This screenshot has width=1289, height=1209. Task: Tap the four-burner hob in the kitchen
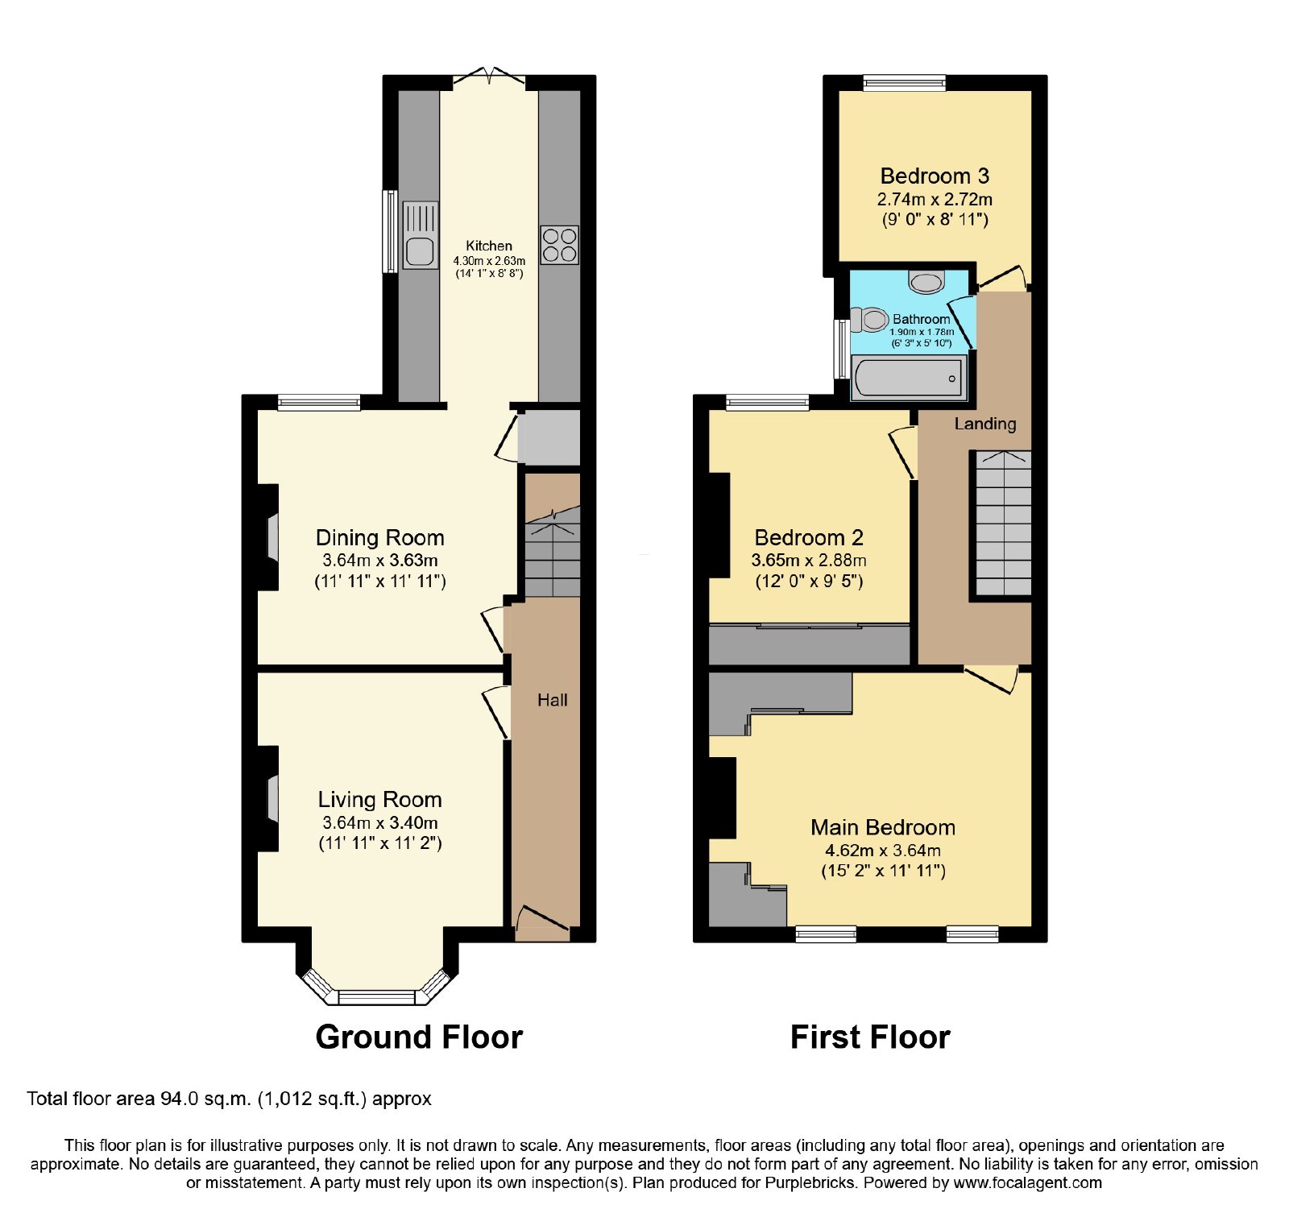pyautogui.click(x=559, y=245)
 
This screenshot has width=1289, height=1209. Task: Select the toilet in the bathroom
pyautogui.click(x=868, y=320)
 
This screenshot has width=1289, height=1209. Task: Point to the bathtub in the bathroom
pyautogui.click(x=909, y=378)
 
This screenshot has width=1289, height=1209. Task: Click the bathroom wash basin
pyautogui.click(x=926, y=282)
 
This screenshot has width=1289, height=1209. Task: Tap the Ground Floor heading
pyautogui.click(x=419, y=1037)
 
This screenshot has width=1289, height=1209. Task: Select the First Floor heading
pyautogui.click(x=870, y=1037)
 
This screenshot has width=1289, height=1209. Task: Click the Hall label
pyautogui.click(x=553, y=700)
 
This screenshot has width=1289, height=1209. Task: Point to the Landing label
pyautogui.click(x=985, y=424)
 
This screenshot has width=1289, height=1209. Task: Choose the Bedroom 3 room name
pyautogui.click(x=935, y=176)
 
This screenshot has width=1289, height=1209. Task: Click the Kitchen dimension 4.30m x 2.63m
pyautogui.click(x=489, y=261)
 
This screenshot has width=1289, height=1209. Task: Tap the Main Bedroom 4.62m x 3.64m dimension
pyautogui.click(x=883, y=850)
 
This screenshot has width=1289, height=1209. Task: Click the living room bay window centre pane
pyautogui.click(x=377, y=997)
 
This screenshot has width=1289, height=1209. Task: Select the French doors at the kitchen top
pyautogui.click(x=489, y=77)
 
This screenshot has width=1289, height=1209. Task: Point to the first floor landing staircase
pyautogui.click(x=1003, y=524)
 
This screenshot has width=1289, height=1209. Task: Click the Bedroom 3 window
pyautogui.click(x=904, y=82)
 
